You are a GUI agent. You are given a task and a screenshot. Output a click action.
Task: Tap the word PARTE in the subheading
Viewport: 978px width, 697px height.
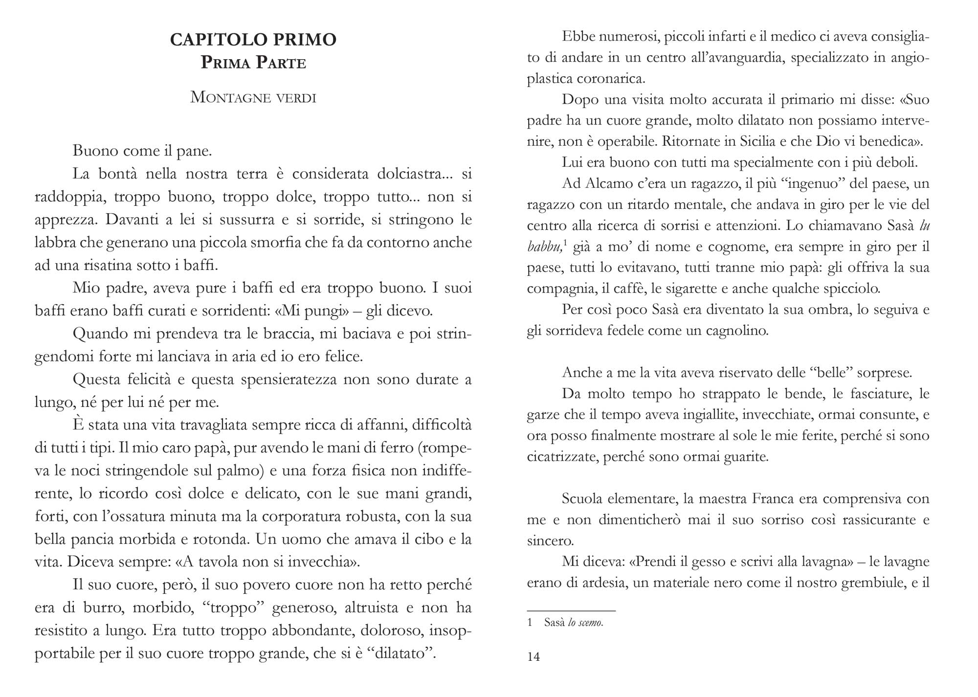(x=282, y=63)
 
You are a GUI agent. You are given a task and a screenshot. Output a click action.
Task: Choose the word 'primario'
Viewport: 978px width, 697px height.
(x=807, y=100)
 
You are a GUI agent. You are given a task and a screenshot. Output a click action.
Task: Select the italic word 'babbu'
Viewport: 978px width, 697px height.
(x=543, y=247)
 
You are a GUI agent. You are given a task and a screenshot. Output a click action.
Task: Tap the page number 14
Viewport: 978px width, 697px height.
(x=534, y=656)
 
